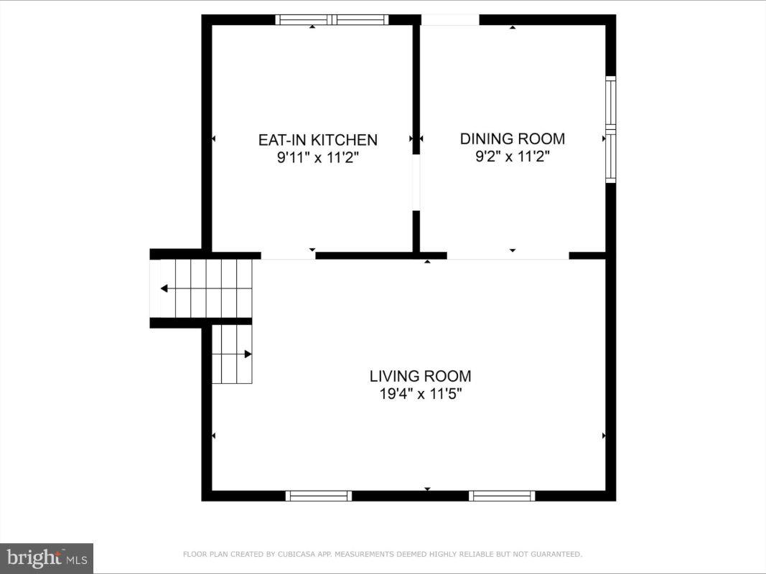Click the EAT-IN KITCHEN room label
tap(318, 140)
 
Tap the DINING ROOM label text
tap(513, 138)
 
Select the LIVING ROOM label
tap(420, 376)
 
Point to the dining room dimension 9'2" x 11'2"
tap(513, 156)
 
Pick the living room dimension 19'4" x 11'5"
tap(421, 393)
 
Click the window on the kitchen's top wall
tap(332, 19)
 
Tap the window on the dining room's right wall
tap(611, 129)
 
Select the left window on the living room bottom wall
tap(319, 496)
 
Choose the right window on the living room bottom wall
tap(502, 496)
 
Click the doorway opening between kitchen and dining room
tap(416, 182)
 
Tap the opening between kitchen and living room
tap(288, 255)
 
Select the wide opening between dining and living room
tap(508, 255)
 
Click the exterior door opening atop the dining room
tap(450, 20)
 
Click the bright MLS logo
tap(47, 558)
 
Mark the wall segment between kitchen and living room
tap(366, 255)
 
